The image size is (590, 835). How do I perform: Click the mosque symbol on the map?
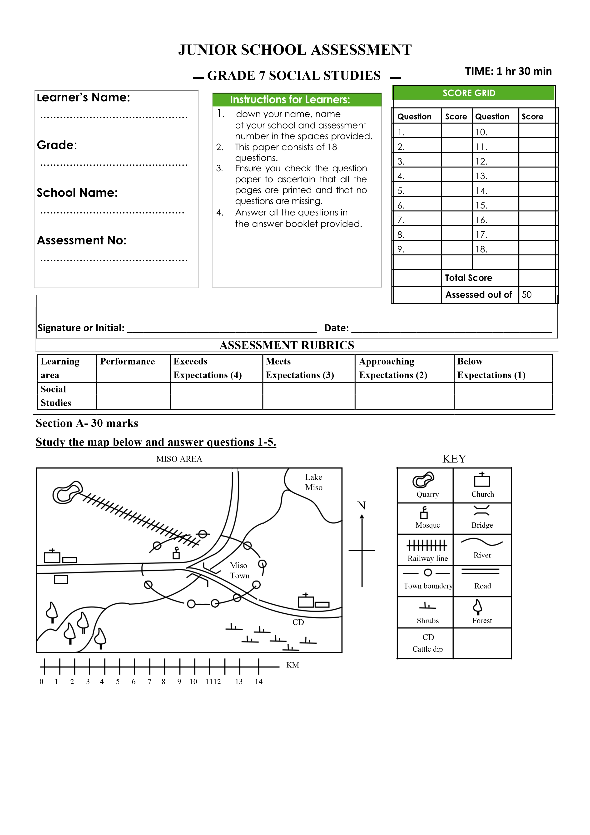(x=176, y=553)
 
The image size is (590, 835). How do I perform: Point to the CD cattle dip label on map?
(x=298, y=622)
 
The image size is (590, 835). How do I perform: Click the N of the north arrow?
(x=361, y=506)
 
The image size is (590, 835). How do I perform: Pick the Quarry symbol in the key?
(x=423, y=480)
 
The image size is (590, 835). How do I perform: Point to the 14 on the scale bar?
(x=258, y=681)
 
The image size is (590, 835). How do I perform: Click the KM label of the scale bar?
(x=293, y=665)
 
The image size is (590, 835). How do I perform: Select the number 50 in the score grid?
(x=526, y=295)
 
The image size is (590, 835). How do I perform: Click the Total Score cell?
(x=469, y=278)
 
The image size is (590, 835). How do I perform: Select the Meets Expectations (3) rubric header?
(x=300, y=368)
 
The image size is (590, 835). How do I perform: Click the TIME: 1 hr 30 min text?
(x=508, y=71)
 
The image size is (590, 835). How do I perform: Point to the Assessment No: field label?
(x=82, y=240)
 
